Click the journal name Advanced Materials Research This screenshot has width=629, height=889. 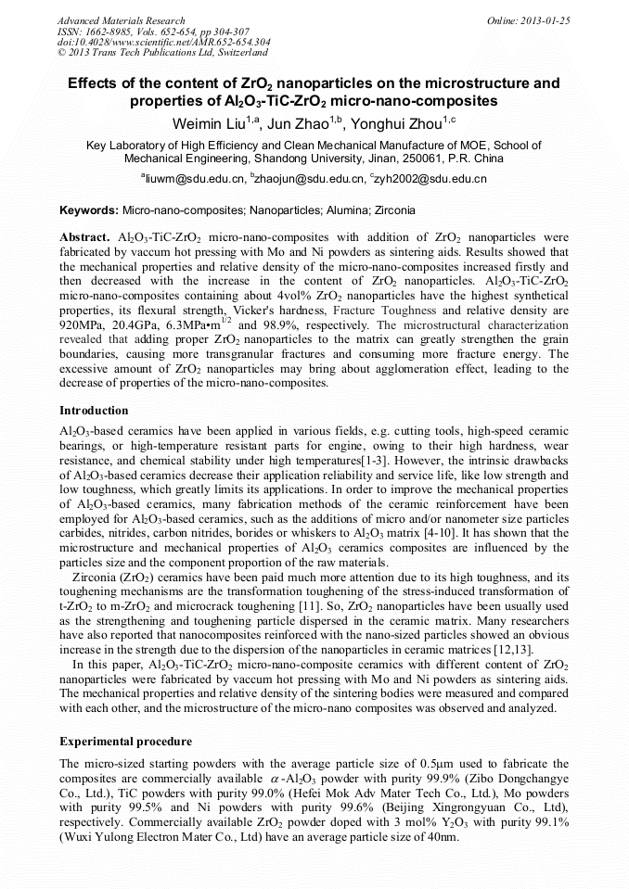[x=121, y=20]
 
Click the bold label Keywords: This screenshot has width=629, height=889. [x=89, y=211]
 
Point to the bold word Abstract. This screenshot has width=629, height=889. [x=85, y=238]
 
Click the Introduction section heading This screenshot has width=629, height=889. [x=94, y=411]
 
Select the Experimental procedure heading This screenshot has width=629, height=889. [x=125, y=743]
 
